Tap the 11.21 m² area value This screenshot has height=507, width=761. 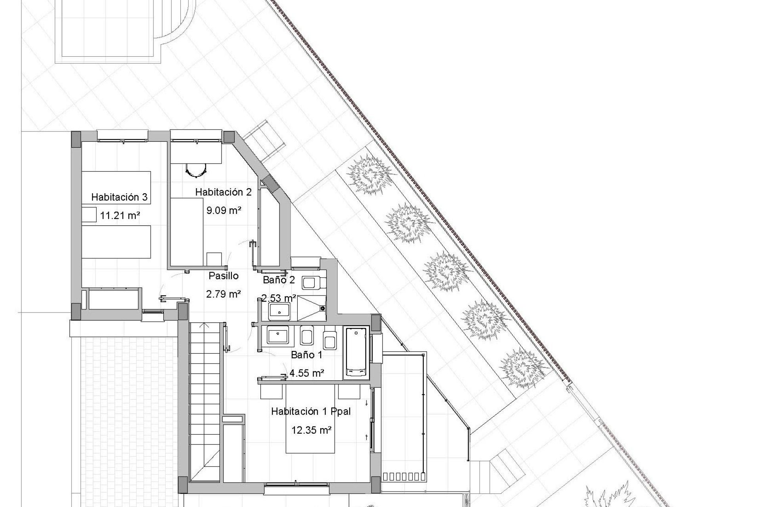[x=120, y=216]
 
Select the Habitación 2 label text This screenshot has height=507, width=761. [x=223, y=193]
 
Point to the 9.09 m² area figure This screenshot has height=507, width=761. [x=224, y=210]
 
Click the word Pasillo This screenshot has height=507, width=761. [x=224, y=276]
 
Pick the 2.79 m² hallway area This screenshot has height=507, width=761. [x=224, y=294]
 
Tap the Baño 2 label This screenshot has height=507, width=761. [x=279, y=280]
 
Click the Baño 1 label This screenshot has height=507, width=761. [x=306, y=355]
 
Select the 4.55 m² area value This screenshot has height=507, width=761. [x=307, y=373]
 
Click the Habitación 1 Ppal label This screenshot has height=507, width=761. [x=311, y=412]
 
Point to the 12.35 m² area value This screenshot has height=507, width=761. [x=311, y=430]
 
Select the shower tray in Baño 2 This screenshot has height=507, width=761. [x=312, y=308]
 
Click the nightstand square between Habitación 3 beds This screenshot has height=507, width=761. [x=89, y=214]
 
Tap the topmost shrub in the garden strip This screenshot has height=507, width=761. [x=370, y=175]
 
